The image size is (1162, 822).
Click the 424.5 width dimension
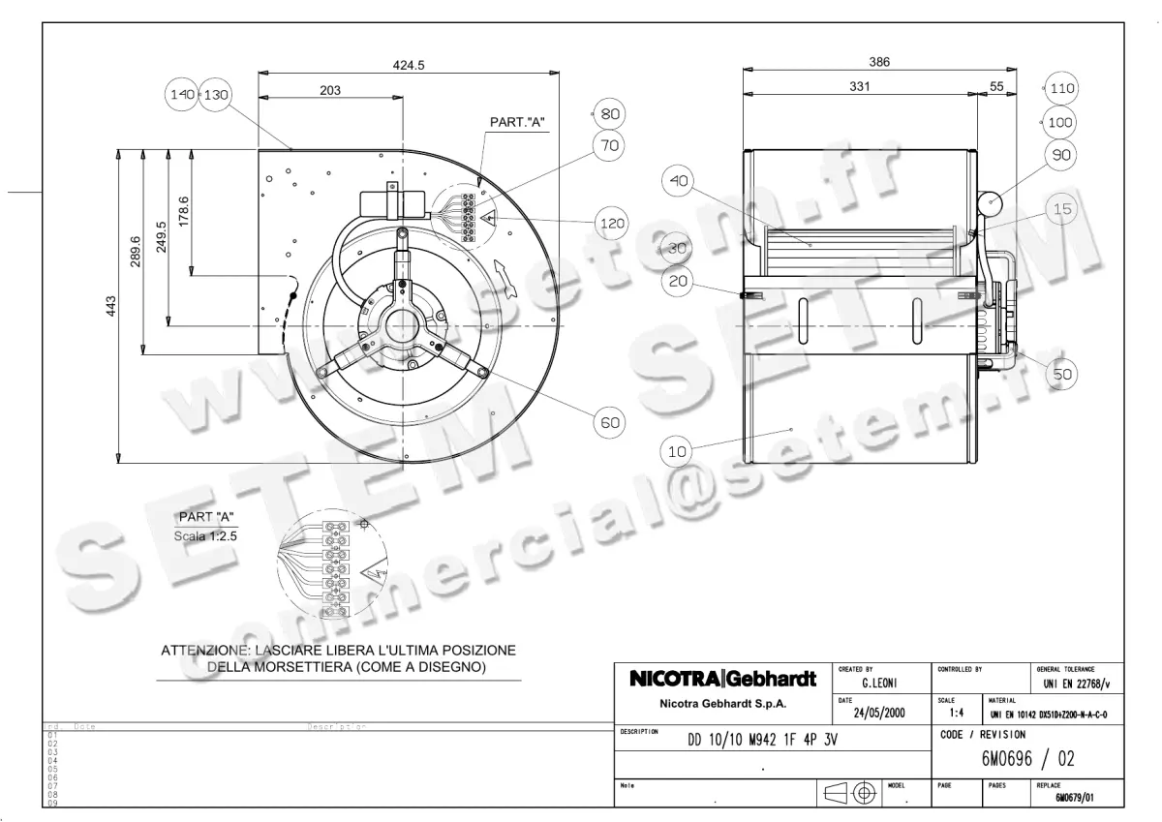tap(410, 65)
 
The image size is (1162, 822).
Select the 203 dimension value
tap(330, 90)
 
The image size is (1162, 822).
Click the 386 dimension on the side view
tap(879, 62)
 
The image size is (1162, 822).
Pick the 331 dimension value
tap(860, 86)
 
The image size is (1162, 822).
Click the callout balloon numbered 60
tap(609, 422)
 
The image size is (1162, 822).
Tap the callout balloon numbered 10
tap(677, 450)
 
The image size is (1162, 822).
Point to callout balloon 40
tap(679, 181)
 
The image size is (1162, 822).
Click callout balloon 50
tap(1063, 374)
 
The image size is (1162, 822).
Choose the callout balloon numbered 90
tap(1062, 155)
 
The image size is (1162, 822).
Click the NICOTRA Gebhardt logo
tap(722, 679)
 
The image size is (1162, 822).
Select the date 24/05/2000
tap(878, 713)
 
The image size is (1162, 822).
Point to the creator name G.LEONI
tap(877, 683)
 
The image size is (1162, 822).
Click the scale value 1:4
tap(957, 714)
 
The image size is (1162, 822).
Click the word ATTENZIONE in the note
tap(203, 651)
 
